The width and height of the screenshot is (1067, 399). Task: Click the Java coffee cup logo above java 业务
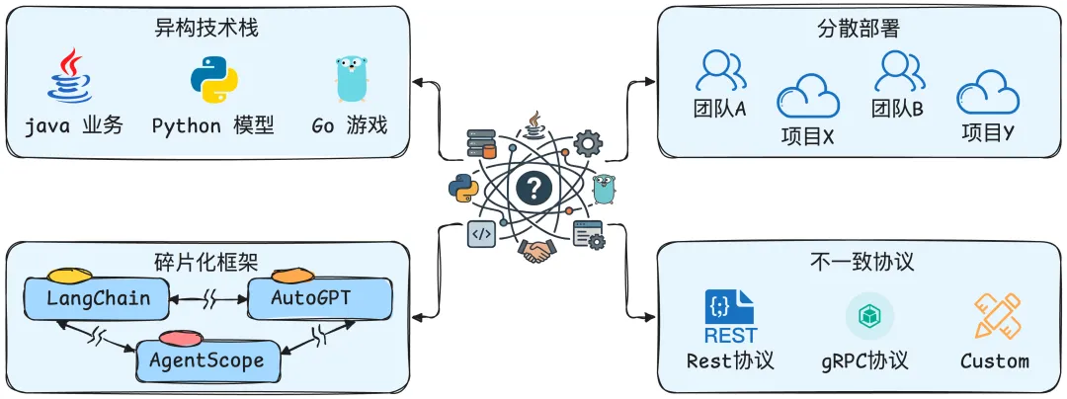coord(69,75)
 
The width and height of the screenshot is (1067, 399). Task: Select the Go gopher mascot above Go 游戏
coord(351,78)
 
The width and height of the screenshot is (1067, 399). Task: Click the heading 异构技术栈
coord(207,29)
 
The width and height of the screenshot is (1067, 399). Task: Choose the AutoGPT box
coord(320,297)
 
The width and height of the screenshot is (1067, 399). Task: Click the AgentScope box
coord(209,359)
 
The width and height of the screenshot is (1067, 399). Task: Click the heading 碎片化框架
coord(207,261)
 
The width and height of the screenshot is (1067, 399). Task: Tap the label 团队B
coord(897,108)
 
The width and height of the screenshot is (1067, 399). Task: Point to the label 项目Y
coord(988,132)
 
